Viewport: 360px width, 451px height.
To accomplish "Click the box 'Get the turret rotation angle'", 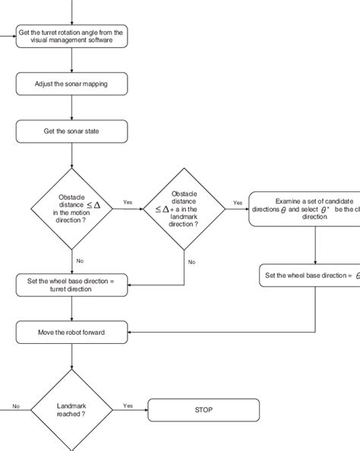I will pos(71,36).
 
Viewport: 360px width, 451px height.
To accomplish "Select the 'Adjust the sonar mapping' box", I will pos(71,84).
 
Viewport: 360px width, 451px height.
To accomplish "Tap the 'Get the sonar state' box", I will pos(71,131).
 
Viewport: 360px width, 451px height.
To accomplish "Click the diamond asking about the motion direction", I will pos(71,208).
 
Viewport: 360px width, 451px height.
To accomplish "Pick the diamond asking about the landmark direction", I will pos(185,208).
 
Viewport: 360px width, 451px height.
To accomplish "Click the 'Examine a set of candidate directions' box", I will pos(305,208).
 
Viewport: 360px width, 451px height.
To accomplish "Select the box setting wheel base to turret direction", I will pos(71,285).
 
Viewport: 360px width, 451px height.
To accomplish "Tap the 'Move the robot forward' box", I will pos(71,333).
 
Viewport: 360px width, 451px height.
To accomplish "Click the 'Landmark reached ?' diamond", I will pos(71,410).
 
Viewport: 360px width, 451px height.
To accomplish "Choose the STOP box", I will pos(204,410).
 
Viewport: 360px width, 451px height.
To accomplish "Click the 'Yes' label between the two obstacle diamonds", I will pos(128,202).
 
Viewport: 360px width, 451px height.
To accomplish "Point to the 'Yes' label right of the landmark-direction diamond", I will pos(238,203).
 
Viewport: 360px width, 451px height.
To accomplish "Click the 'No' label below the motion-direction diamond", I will pos(80,260).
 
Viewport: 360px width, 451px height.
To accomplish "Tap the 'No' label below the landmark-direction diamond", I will pos(192,261).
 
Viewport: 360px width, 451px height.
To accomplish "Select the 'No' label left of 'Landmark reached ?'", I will pos(15,405).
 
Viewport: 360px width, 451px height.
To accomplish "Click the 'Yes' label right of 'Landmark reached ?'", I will pos(128,405).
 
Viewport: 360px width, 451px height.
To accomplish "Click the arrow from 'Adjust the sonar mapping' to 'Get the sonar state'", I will pos(71,107).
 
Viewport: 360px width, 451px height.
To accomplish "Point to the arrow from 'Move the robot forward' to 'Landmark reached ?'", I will pos(71,356).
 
